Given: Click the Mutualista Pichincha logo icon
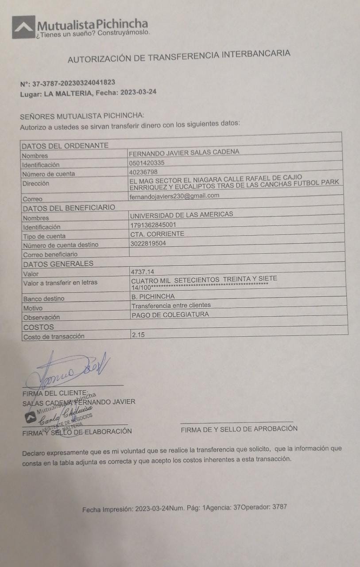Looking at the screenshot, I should coord(23,27).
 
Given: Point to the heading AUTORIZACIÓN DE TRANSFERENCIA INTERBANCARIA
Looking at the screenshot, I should coord(179,56).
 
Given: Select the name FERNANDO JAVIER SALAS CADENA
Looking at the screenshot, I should coord(184,152).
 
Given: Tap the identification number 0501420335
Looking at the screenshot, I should coord(147,163).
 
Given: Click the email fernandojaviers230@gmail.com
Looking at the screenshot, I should coord(174,195).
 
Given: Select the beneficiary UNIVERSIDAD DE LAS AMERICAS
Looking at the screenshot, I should coord(182,214).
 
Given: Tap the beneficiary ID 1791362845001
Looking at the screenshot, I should coord(153,225).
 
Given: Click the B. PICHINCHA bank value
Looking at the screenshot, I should coord(153,296).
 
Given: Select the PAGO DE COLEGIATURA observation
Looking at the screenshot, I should coord(170,315).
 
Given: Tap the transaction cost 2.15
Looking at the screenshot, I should coord(138,335).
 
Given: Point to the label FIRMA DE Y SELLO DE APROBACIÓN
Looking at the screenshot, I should coord(239,429).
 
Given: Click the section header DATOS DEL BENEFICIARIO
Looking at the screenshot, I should coord(69,208).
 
